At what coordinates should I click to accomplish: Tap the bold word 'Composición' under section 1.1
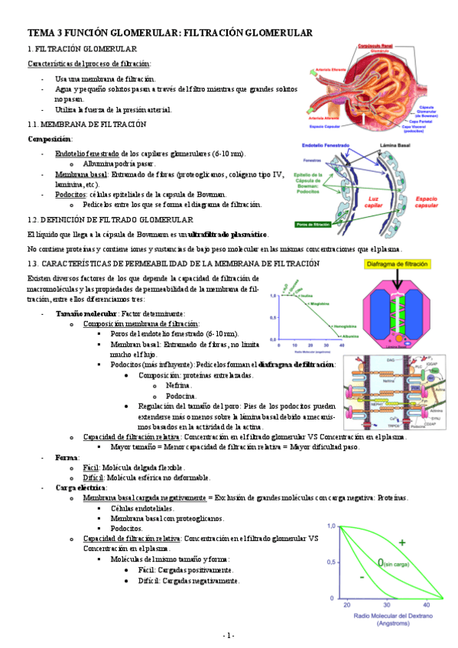pyautogui.click(x=50, y=139)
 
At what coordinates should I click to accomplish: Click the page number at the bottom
pyautogui.click(x=229, y=635)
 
